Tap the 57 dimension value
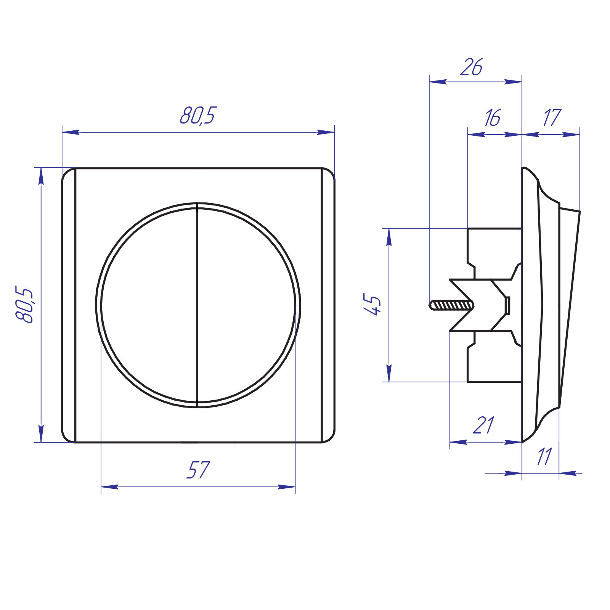(198, 469)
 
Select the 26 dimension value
(472, 67)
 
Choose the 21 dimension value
(483, 425)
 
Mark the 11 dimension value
(544, 456)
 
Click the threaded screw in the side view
(451, 305)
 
